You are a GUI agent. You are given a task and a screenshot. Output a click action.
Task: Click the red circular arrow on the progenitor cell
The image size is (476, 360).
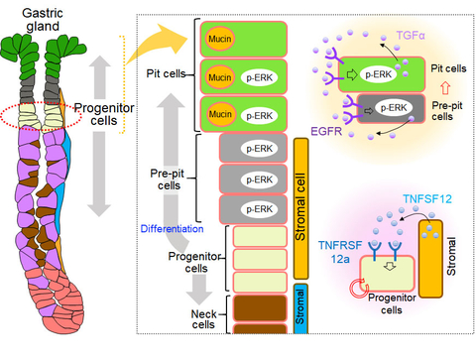tap(356, 292)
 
